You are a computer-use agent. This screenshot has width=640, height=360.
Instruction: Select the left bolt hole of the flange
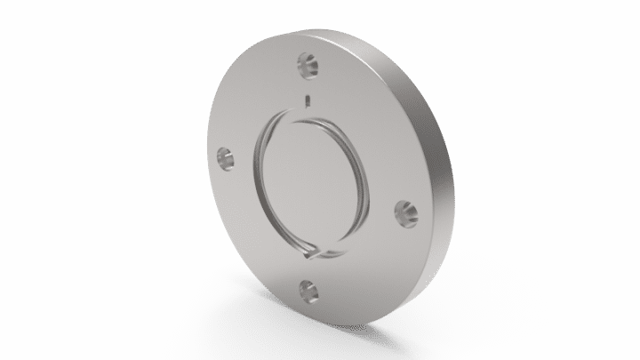click(226, 159)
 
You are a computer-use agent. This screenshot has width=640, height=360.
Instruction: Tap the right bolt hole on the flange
click(405, 212)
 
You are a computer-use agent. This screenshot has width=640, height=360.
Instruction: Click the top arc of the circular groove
click(311, 114)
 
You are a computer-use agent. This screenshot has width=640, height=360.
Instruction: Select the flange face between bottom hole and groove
click(310, 272)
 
